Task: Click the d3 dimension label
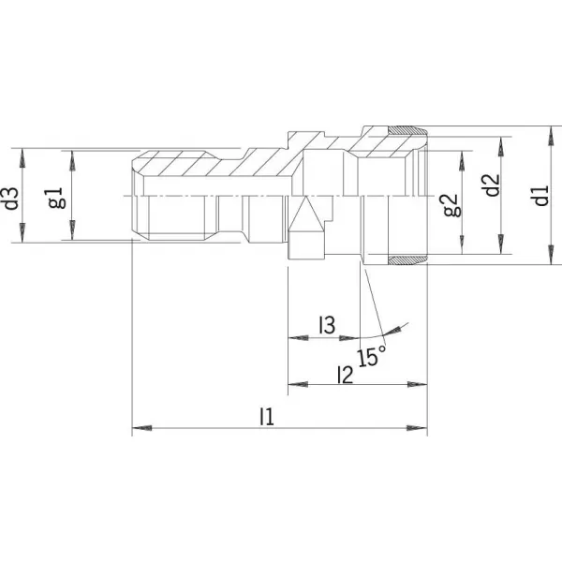(12, 198)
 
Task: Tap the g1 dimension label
(57, 198)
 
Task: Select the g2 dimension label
(451, 205)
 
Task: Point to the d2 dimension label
(492, 185)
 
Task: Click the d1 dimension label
(541, 196)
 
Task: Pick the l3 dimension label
(327, 325)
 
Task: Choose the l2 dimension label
(346, 375)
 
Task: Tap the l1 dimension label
(267, 416)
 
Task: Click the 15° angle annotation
(371, 356)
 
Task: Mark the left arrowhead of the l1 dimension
(142, 428)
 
